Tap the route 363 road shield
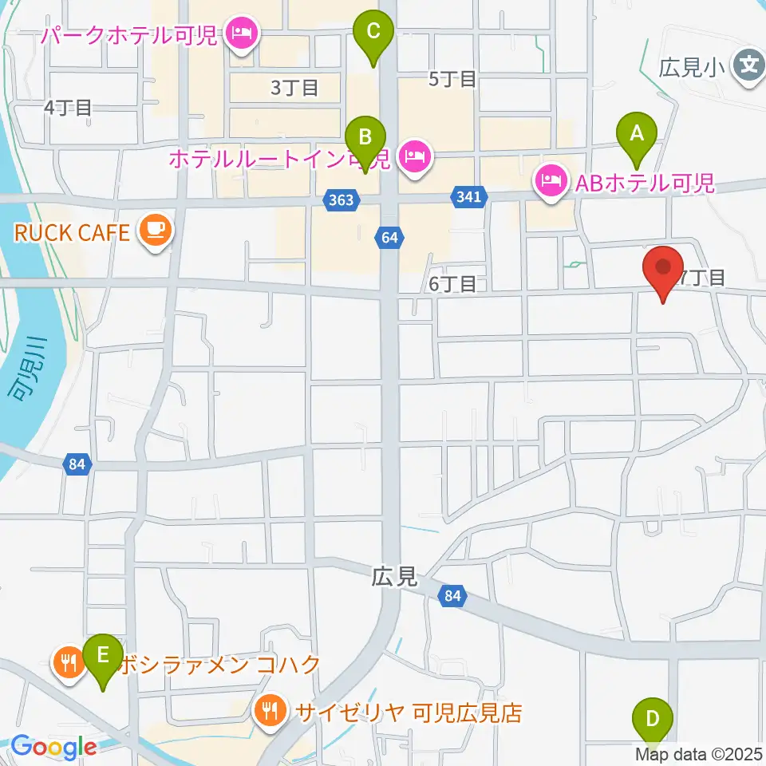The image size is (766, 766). tap(341, 200)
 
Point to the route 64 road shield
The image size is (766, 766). tap(389, 237)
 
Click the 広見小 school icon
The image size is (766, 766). tap(748, 61)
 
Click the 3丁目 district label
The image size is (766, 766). tap(294, 88)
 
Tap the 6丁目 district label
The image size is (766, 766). tap(452, 283)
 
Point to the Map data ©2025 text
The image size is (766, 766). tap(699, 752)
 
